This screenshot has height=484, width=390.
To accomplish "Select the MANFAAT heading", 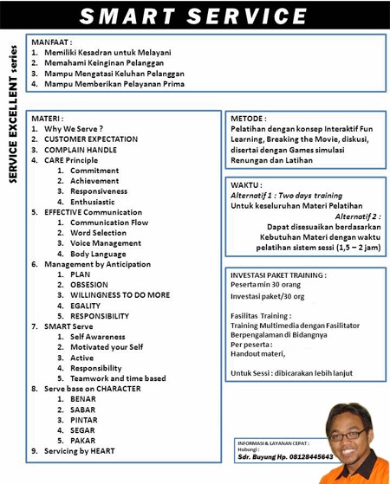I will tap(52, 41).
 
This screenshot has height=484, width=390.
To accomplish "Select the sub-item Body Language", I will tap(102, 254).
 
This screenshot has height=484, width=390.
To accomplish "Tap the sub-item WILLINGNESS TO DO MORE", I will tap(120, 295).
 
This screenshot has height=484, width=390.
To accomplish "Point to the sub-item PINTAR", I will tap(85, 430).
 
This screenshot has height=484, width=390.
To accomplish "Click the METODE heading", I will tap(249, 118).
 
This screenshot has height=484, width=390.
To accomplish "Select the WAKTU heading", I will tap(247, 185).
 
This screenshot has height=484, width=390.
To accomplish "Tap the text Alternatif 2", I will tap(356, 216).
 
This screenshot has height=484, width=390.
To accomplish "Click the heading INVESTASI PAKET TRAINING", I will tap(278, 274).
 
